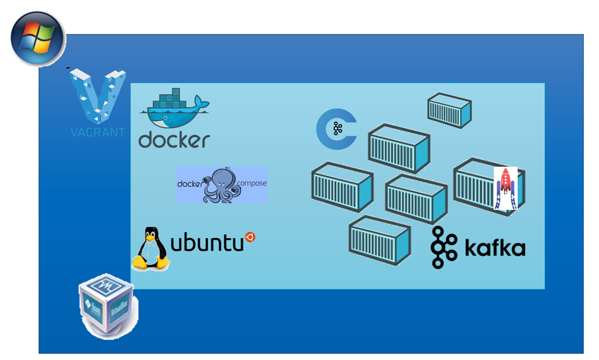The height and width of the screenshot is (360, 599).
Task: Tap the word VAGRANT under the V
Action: (x=97, y=132)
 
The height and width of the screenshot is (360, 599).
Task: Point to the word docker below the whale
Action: (x=174, y=140)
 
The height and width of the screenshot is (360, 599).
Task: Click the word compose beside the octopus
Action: (x=252, y=183)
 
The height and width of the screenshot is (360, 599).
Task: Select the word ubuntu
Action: (x=206, y=242)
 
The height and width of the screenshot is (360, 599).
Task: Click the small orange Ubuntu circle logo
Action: (x=250, y=236)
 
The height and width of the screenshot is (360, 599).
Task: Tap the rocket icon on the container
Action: (x=505, y=188)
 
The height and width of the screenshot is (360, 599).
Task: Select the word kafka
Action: (x=494, y=248)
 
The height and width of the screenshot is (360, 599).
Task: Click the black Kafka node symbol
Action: (x=444, y=248)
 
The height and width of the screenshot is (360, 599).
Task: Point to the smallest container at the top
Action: (x=449, y=109)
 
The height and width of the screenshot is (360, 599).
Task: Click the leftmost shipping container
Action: (x=342, y=187)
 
